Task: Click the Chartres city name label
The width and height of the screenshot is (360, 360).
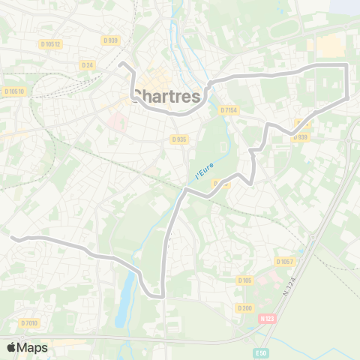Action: (167, 97)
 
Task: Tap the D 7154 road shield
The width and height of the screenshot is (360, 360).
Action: (229, 110)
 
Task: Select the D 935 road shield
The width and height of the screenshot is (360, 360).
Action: (178, 139)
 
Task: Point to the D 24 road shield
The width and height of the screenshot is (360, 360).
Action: (87, 64)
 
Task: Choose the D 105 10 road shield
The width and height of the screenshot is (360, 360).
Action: (14, 91)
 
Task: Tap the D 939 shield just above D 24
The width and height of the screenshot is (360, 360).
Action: (111, 39)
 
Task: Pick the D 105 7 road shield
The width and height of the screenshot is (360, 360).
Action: (284, 261)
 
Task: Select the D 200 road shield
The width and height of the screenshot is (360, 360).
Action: (244, 307)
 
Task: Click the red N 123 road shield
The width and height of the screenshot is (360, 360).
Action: (266, 318)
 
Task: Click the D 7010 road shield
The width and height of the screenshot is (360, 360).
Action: (28, 322)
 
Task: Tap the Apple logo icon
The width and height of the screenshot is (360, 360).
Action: (11, 347)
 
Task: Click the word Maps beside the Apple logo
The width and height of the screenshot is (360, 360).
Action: (32, 347)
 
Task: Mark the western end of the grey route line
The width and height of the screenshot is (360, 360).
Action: (12, 237)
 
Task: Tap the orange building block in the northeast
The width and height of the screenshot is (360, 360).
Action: (331, 46)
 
